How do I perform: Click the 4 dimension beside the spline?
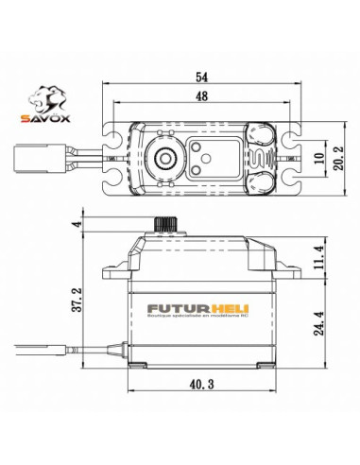[74, 224]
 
